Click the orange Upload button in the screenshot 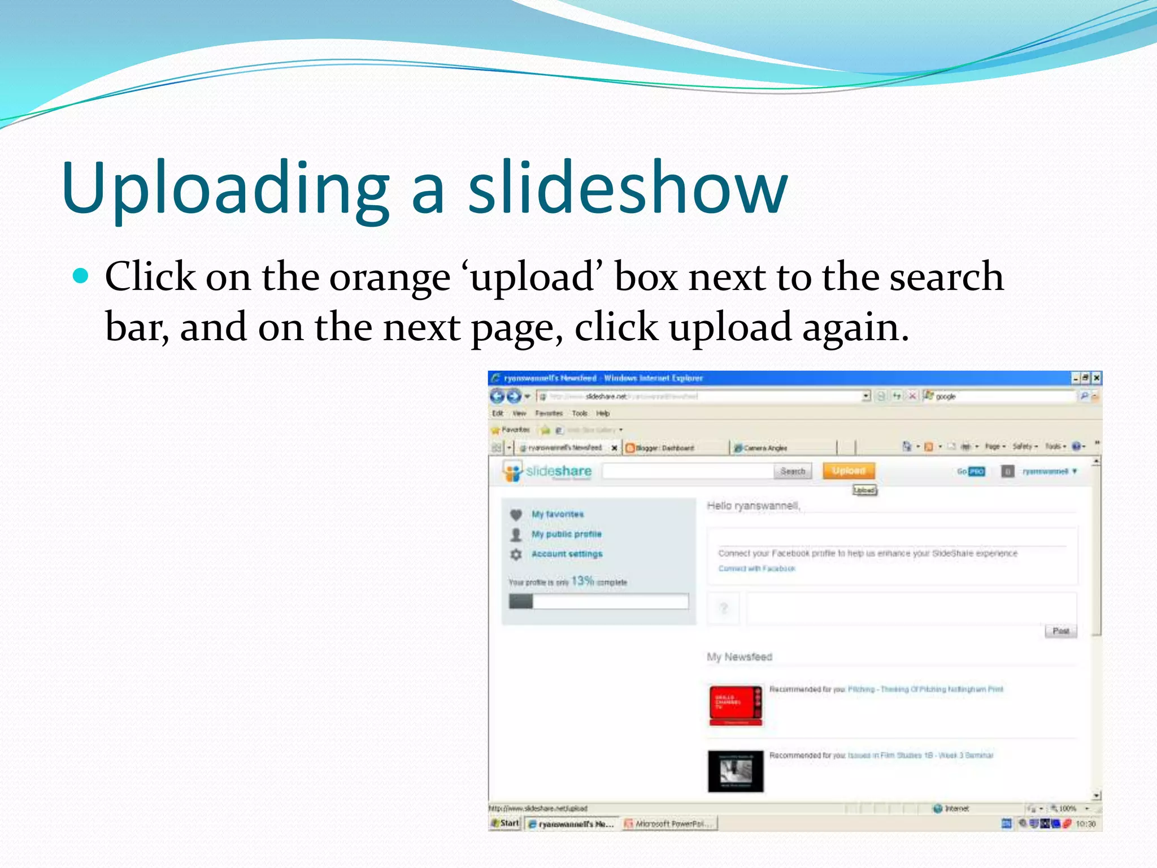[x=849, y=471]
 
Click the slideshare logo [x=547, y=471]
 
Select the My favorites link [x=557, y=514]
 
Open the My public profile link [x=566, y=534]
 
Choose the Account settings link [x=567, y=554]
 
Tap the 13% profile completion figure [x=582, y=581]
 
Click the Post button [x=1060, y=631]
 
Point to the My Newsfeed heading [x=739, y=657]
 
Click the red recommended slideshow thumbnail [x=736, y=705]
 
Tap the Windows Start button [x=505, y=823]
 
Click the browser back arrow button [x=497, y=396]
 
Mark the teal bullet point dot [x=81, y=276]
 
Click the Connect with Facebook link [x=756, y=568]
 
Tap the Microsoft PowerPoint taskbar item [x=669, y=824]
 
